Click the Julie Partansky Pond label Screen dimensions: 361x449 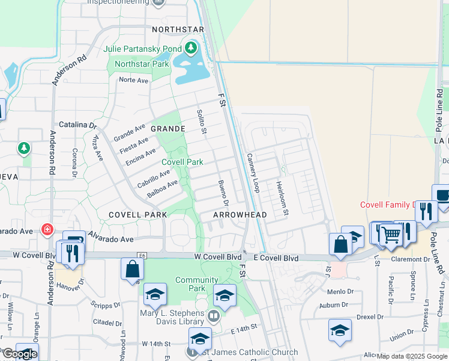click(x=142, y=49)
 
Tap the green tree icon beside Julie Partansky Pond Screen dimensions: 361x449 click(x=191, y=47)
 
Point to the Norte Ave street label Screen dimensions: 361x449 click(x=133, y=80)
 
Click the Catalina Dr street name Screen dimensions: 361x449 click(x=77, y=125)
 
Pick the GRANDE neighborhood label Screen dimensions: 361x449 click(x=167, y=129)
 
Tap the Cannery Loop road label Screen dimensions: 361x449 click(x=253, y=173)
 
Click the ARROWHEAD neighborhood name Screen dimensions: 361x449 click(x=240, y=215)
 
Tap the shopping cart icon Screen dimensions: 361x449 click(x=391, y=233)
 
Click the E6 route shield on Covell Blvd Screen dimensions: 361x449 click(x=142, y=255)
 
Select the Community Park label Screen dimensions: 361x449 click(x=197, y=284)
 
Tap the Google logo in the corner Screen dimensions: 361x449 click(x=20, y=354)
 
